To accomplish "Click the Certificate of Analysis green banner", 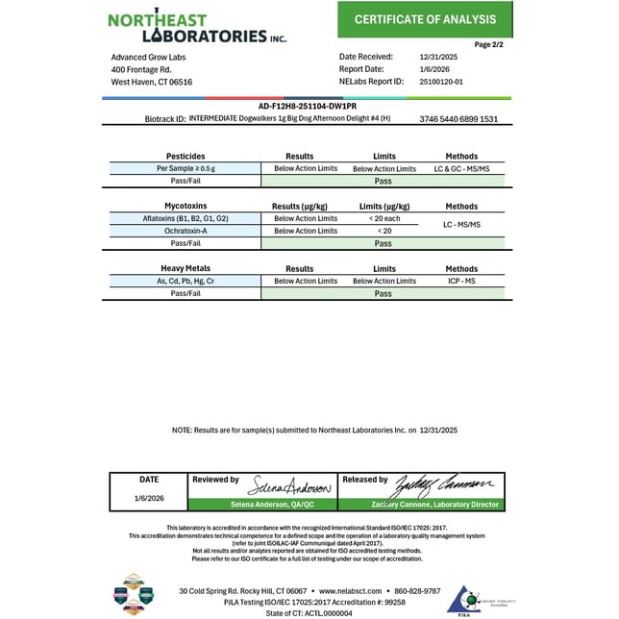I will (425, 19).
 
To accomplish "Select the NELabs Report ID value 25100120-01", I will (442, 82).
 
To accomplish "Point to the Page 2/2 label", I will (489, 44).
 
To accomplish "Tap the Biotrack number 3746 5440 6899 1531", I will (458, 119).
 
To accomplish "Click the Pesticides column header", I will (186, 156).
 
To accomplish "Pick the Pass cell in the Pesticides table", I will (384, 181).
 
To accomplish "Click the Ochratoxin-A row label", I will (186, 231).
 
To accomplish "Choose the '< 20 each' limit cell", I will (384, 218).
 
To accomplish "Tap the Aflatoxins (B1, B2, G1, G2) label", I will (186, 218).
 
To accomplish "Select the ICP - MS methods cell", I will (461, 281).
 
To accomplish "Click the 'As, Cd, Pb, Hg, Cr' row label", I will (186, 281).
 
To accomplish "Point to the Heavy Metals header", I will (186, 268).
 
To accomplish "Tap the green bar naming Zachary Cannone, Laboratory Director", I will (421, 505).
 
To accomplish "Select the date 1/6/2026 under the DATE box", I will (149, 498).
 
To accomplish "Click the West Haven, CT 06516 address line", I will (152, 83).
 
